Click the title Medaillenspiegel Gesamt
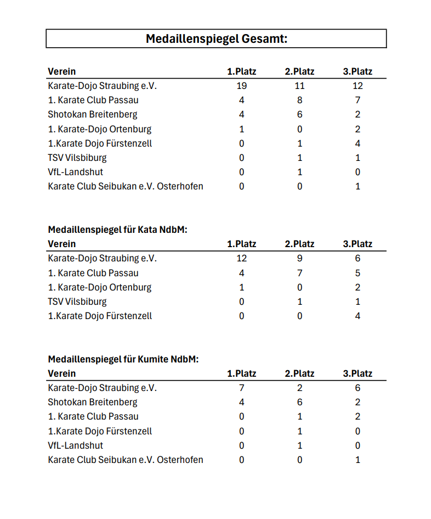pos(216,38)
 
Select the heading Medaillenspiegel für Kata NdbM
pos(117,230)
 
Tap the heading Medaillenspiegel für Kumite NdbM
pos(123,359)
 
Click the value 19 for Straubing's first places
pos(241,86)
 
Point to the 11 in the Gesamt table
pos(299,86)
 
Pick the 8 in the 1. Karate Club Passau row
pos(299,100)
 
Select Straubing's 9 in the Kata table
pos(299,258)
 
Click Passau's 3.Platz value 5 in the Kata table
pos(358,273)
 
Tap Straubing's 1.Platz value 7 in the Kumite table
pos(241,388)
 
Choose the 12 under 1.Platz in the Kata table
pos(241,258)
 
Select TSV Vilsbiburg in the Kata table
pos(77,302)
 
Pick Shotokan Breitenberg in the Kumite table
pos(93,402)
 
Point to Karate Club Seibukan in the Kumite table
pos(126,460)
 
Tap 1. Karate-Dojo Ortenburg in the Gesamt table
pos(100,129)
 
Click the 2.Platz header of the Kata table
pos(299,244)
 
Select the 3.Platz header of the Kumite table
pos(358,373)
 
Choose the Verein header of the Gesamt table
pos(62,71)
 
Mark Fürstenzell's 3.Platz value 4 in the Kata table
pos(358,316)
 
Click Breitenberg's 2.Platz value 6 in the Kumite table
pos(299,402)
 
